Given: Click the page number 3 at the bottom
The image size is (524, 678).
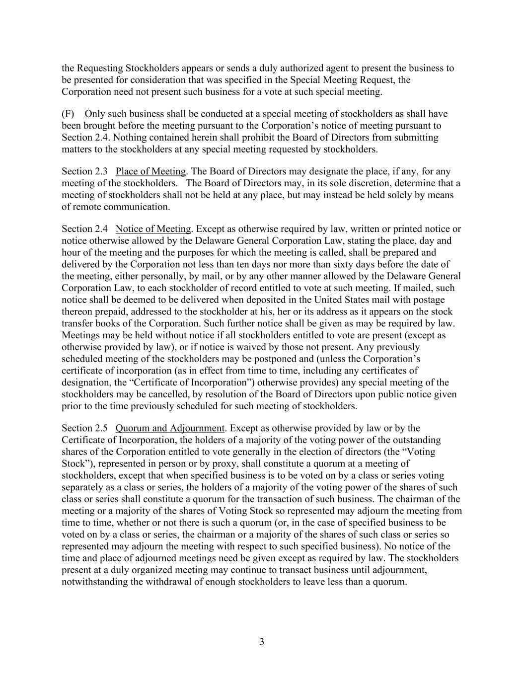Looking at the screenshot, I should click(262, 642).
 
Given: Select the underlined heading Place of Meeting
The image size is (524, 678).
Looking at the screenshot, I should click(150, 172).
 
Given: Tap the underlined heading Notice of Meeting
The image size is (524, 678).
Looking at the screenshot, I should click(153, 229).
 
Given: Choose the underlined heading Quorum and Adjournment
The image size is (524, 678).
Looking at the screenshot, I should click(170, 428).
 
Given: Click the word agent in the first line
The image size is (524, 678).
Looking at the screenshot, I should click(355, 69).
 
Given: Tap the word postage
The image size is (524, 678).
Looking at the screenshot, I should click(429, 300).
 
